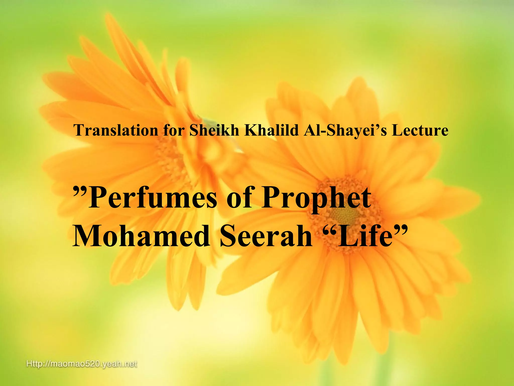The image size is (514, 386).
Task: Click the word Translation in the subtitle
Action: click(x=116, y=130)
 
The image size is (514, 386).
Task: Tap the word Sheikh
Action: click(x=214, y=130)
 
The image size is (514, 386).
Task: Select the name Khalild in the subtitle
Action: click(x=271, y=130)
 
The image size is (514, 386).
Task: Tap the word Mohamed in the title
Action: click(x=142, y=236)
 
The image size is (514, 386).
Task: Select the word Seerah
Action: click(x=266, y=236)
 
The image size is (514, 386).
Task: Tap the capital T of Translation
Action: click(x=79, y=130)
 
